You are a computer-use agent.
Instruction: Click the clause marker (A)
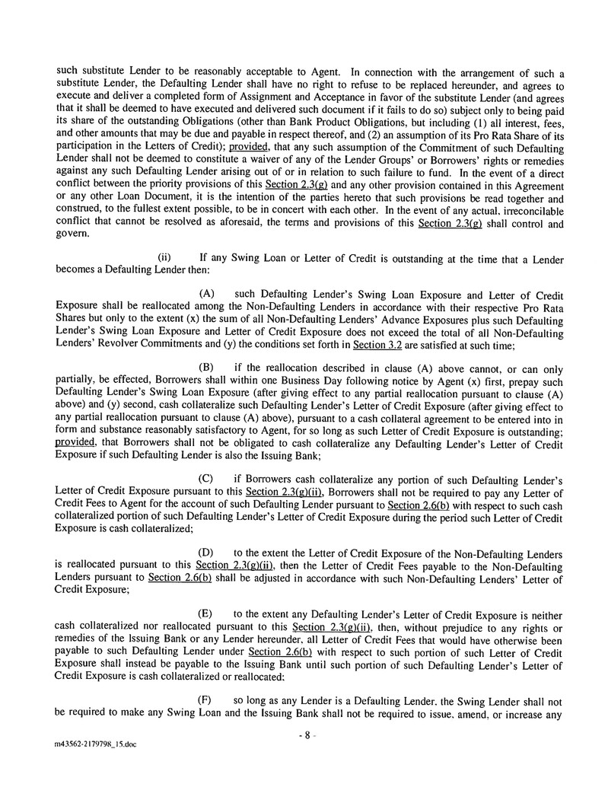point(205,294)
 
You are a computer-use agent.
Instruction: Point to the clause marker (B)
point(205,368)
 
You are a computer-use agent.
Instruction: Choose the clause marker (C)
point(205,480)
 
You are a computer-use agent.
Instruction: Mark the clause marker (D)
point(205,553)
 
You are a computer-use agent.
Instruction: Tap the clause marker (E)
point(205,614)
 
